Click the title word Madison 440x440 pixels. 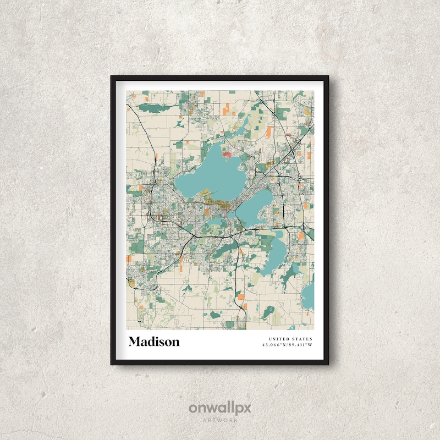tap(154, 342)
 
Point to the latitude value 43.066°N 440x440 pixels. tap(274, 345)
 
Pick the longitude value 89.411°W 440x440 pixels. tap(300, 345)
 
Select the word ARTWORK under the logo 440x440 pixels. tap(219, 420)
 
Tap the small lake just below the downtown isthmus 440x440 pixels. tap(217, 221)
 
